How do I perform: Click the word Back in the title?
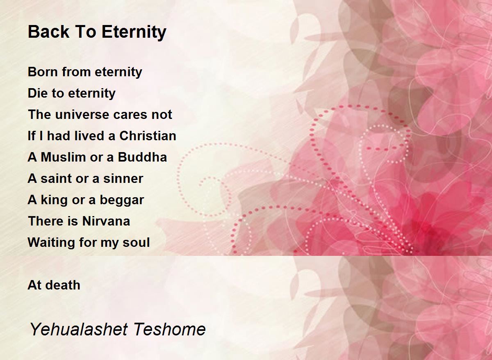point(48,32)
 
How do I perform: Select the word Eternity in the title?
point(134,32)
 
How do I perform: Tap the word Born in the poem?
point(41,72)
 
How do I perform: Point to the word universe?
point(82,114)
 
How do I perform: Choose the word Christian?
point(148,136)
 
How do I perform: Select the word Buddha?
point(142,157)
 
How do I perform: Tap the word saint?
point(56,178)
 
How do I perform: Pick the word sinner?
point(123,178)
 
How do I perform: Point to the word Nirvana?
point(106,221)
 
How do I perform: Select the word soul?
point(136,242)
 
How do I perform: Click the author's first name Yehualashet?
point(79,329)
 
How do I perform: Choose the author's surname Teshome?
point(169,329)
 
